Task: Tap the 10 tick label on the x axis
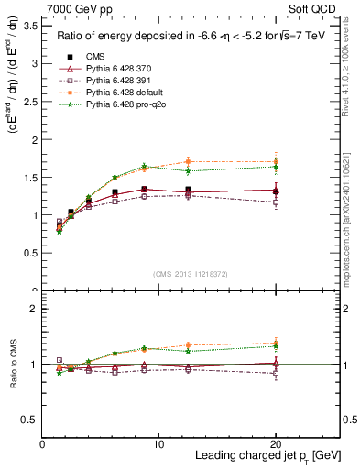click(x=159, y=444)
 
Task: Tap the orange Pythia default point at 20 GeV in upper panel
click(x=276, y=161)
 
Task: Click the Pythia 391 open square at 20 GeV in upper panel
click(x=276, y=202)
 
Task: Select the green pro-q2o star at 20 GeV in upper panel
click(x=276, y=167)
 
